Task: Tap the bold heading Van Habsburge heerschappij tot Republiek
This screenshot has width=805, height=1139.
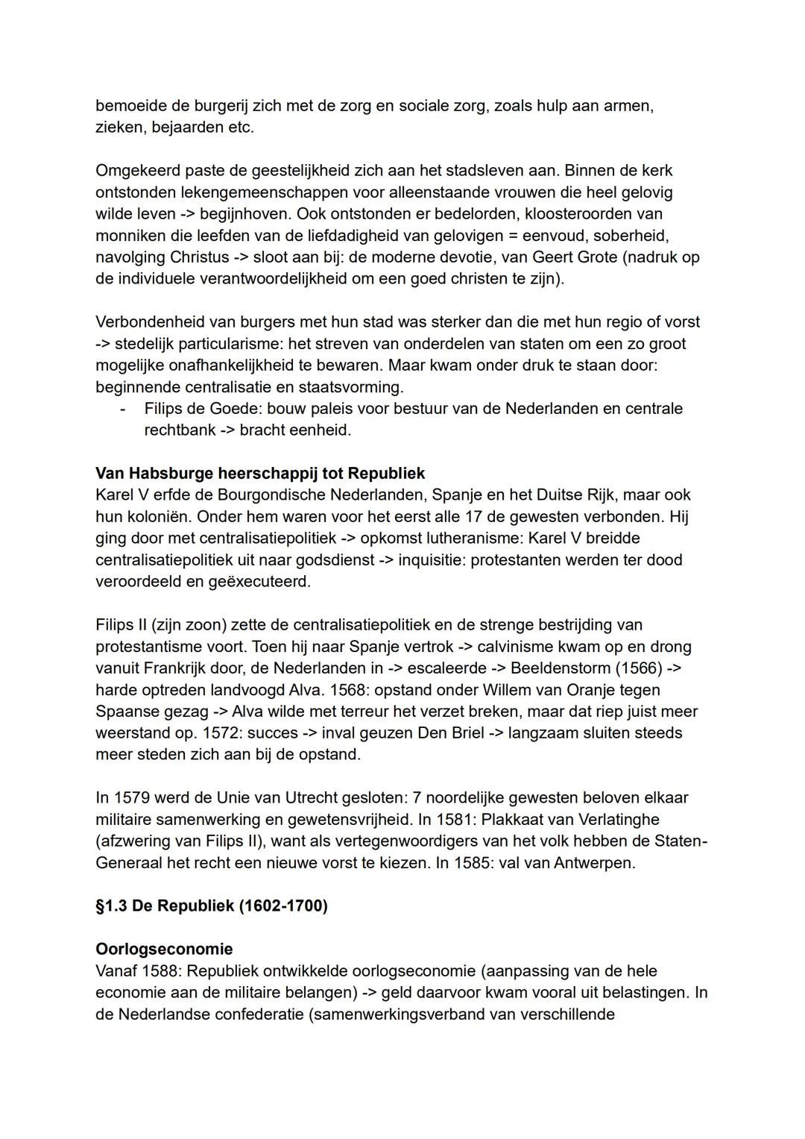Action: [260, 474]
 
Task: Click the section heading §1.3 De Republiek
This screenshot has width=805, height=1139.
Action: [212, 906]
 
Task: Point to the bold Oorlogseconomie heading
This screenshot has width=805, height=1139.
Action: [164, 950]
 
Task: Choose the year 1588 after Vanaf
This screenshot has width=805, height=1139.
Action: [163, 971]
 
